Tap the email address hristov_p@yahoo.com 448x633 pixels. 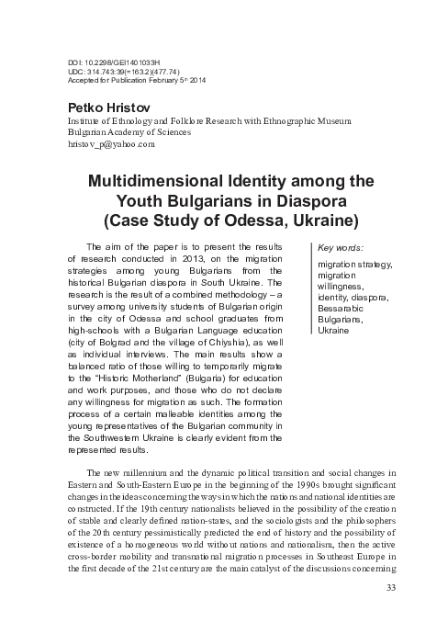[x=106, y=145]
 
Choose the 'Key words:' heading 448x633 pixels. [x=340, y=247]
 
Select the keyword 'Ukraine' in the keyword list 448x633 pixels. [x=333, y=331]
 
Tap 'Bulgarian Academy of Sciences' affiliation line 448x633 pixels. [x=123, y=132]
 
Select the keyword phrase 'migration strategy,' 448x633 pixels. [x=353, y=265]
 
